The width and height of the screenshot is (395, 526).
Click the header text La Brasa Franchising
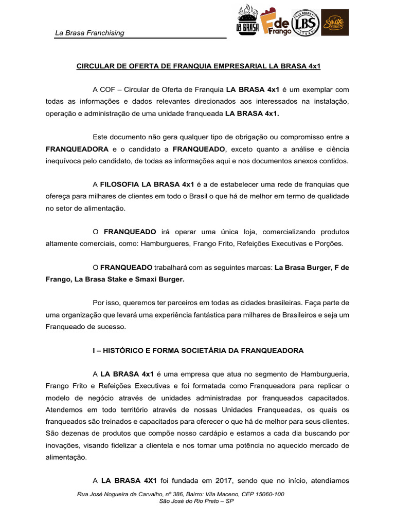point(89,33)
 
